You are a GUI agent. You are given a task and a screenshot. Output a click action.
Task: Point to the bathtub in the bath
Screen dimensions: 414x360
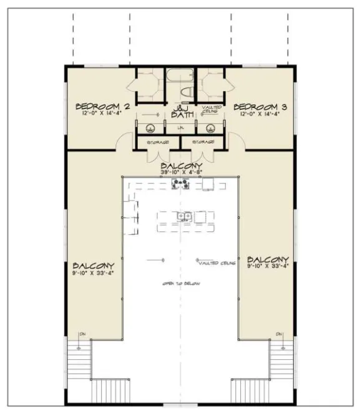tap(180, 80)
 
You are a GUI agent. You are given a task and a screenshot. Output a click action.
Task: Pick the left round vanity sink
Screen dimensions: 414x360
tap(150, 130)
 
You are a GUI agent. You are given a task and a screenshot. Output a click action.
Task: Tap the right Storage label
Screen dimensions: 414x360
tap(204, 142)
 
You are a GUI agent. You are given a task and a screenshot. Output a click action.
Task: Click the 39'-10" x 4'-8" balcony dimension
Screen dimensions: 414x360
tap(180, 172)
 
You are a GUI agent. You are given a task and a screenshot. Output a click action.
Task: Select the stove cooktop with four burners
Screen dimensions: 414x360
tap(180, 183)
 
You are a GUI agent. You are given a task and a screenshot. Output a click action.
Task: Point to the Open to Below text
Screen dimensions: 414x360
tap(181, 284)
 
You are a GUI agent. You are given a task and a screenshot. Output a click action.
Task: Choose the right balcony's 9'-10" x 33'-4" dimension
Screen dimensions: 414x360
tap(268, 267)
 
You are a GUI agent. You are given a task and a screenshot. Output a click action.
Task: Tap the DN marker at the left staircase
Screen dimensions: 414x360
tap(80, 334)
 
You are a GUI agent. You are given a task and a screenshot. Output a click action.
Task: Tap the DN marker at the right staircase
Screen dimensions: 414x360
tap(280, 334)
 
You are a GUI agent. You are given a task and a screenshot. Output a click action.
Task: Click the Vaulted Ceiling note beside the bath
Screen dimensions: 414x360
tap(210, 110)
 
